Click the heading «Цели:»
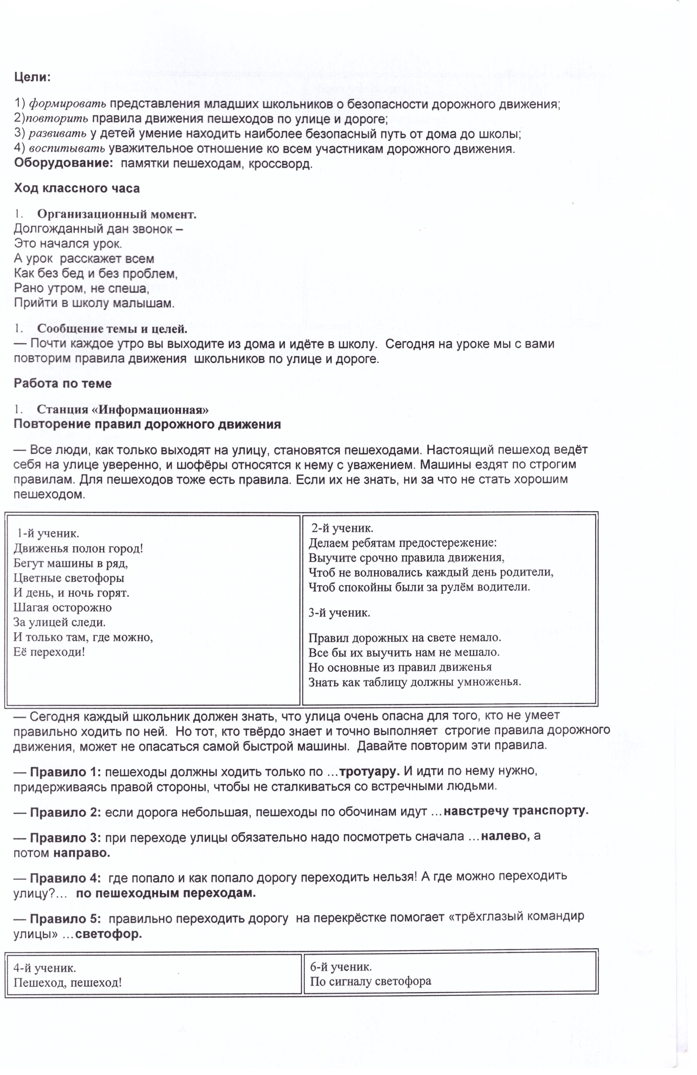(32, 77)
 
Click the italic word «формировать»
(68, 104)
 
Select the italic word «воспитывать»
(67, 149)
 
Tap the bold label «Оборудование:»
(64, 163)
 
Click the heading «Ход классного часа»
(77, 188)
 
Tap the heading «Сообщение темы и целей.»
(112, 329)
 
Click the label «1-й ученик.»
(48, 533)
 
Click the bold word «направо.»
(82, 853)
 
